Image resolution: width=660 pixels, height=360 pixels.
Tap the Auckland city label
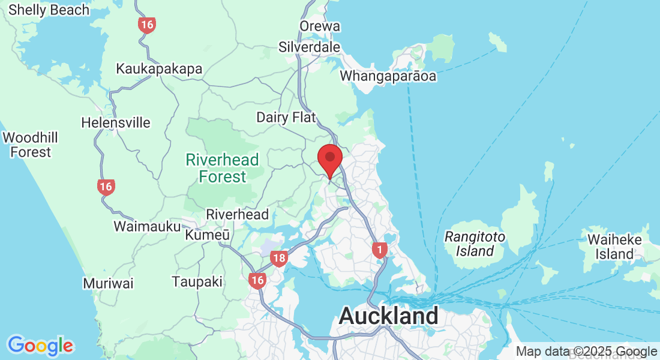[388, 316]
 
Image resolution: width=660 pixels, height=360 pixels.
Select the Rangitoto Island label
[475, 244]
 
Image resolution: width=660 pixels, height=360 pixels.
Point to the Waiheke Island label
[614, 247]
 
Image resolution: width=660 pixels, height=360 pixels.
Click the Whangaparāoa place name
[388, 76]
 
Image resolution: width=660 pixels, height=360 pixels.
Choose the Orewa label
[320, 26]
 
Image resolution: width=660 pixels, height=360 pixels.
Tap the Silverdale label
[309, 47]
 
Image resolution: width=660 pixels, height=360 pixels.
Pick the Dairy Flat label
[286, 117]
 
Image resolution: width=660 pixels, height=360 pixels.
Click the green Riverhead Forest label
[222, 168]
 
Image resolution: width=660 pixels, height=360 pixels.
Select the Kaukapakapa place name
[159, 68]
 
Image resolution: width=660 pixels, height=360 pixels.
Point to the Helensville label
[116, 123]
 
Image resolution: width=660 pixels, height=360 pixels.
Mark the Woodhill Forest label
[31, 145]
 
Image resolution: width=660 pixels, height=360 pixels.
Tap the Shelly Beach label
[49, 10]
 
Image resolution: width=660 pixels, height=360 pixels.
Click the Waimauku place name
[147, 226]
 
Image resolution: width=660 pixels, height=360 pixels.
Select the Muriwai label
[108, 283]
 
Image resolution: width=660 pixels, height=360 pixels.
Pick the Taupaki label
[197, 281]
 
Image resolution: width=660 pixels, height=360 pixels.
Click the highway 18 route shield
[278, 259]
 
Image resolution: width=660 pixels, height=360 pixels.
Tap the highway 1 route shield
[379, 250]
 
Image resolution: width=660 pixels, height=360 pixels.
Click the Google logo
[40, 346]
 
